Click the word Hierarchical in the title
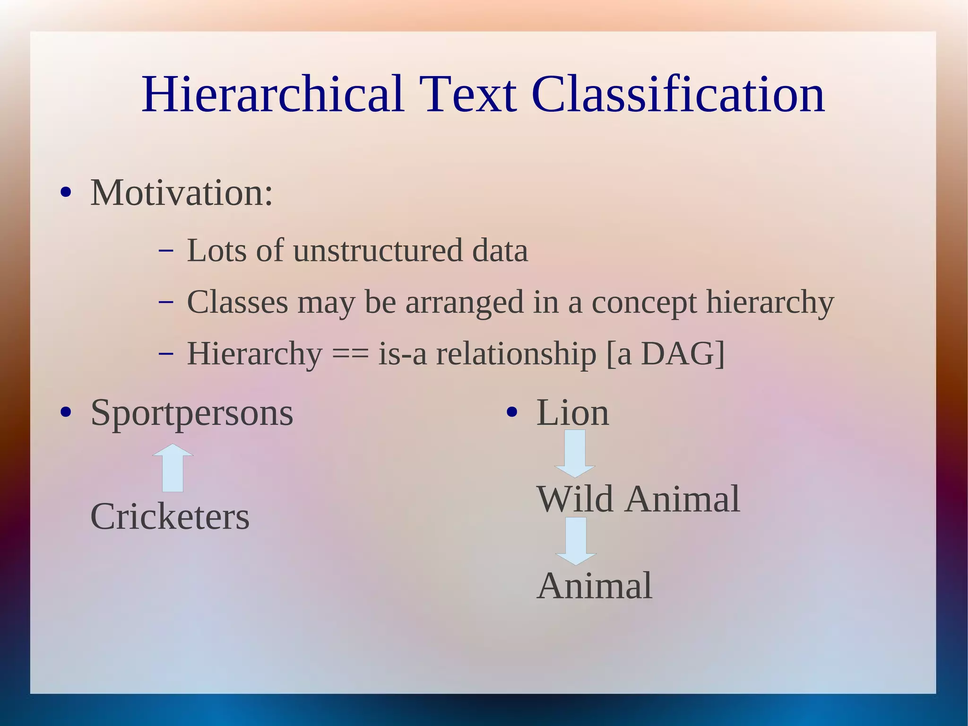(273, 95)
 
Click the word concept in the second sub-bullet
(644, 303)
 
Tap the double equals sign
(350, 355)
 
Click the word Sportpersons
(191, 413)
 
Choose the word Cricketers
(170, 516)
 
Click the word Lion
(572, 413)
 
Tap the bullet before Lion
(511, 412)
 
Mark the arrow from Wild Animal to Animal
(576, 541)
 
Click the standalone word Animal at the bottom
(595, 586)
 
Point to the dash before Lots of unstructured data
(166, 251)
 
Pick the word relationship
(516, 355)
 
